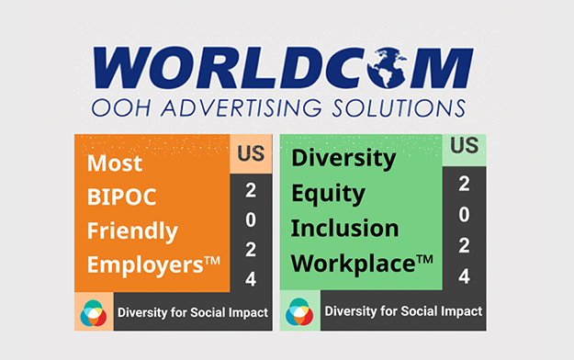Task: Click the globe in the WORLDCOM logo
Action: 387,68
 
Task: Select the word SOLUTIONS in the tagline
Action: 399,108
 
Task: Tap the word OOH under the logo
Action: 121,108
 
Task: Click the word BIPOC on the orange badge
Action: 121,197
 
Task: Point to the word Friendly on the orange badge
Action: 132,231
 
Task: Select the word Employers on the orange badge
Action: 145,264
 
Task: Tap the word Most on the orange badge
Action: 115,163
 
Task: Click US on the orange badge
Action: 251,153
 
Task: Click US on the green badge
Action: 464,145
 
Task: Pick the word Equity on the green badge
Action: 328,194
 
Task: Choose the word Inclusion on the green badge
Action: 344,228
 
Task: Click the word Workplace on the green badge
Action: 354,264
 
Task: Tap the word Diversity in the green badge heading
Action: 343,159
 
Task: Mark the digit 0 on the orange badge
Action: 251,219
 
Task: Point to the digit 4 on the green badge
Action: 464,276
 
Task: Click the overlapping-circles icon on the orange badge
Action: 94,313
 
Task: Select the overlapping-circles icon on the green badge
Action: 299,311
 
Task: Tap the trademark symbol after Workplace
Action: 425,260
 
